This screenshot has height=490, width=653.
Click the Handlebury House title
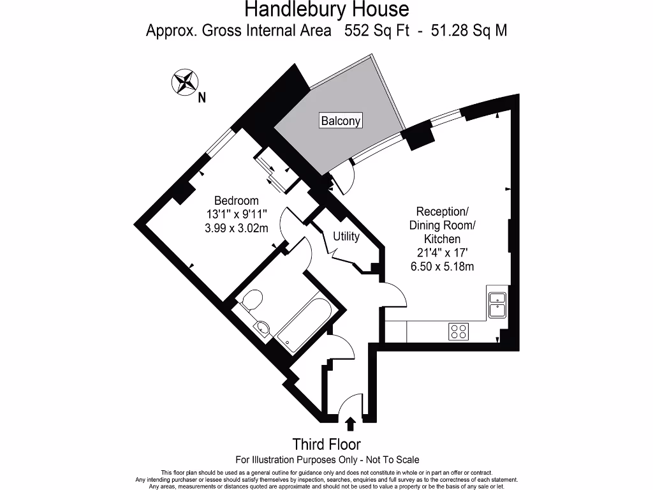(x=326, y=10)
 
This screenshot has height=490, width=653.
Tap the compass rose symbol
(x=184, y=81)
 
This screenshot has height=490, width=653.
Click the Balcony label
(x=341, y=121)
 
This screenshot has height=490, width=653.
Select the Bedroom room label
(x=236, y=200)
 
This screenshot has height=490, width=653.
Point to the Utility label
(x=346, y=236)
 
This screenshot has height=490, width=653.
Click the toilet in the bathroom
(x=252, y=301)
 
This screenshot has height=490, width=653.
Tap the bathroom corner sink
(x=262, y=329)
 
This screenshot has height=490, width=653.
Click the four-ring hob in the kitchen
(x=459, y=332)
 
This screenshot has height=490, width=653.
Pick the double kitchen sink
(x=496, y=304)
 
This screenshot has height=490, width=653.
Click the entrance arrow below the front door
(x=349, y=422)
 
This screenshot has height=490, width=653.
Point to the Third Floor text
(x=326, y=444)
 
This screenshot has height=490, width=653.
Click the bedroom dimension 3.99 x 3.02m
(x=236, y=228)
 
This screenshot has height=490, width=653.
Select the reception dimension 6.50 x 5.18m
(x=443, y=267)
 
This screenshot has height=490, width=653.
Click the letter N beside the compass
(x=202, y=98)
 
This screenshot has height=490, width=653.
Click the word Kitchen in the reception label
(x=443, y=239)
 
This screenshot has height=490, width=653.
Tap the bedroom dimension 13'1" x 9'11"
(x=236, y=214)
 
